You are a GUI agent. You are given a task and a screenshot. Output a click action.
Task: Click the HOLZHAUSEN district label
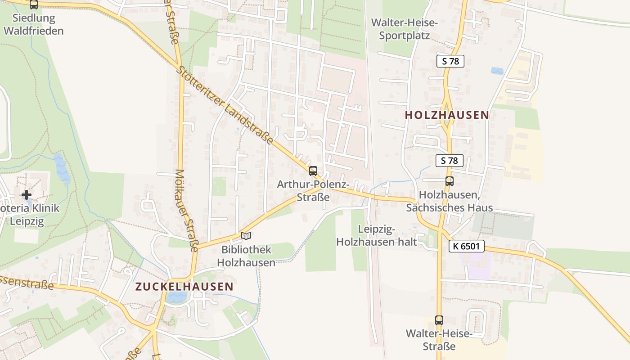(446, 115)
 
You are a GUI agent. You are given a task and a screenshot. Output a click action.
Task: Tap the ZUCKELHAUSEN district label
(184, 286)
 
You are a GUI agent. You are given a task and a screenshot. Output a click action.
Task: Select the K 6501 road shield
(466, 246)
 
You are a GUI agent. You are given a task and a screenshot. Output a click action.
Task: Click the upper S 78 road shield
(450, 61)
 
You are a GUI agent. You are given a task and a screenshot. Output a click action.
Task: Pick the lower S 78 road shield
(449, 160)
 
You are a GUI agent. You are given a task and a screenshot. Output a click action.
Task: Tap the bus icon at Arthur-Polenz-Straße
(313, 171)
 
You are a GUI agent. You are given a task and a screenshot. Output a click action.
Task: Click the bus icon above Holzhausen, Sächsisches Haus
(449, 181)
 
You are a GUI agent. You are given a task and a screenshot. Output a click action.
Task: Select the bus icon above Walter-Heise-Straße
(439, 320)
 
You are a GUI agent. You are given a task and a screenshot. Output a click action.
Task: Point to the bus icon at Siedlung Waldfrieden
(33, 4)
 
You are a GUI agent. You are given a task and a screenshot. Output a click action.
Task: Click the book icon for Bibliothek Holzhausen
(246, 236)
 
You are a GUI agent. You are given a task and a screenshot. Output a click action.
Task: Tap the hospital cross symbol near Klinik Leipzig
(27, 195)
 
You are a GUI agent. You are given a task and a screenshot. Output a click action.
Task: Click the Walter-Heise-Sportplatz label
(404, 29)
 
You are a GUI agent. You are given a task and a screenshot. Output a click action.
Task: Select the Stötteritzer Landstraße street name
(225, 106)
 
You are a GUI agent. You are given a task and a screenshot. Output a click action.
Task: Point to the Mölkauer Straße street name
(187, 210)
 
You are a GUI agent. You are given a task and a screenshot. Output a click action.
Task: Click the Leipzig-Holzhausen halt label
(377, 235)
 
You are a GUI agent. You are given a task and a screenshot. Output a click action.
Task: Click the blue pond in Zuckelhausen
(176, 297)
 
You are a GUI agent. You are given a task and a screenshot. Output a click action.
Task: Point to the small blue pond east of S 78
(497, 71)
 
